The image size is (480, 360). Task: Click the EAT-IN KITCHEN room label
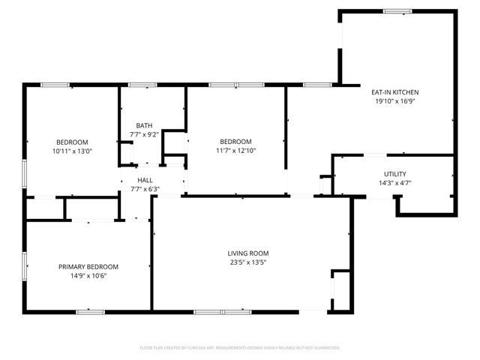pos(394,92)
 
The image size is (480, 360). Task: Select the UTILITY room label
pos(394,174)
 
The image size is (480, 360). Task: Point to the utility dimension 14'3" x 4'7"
pos(394,182)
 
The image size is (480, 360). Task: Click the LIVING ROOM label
pos(249,253)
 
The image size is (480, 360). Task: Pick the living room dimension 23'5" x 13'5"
pos(249,262)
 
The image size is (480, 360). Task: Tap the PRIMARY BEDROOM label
pos(88,266)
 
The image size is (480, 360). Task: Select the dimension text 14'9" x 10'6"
pos(88,275)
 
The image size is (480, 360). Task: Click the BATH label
pos(145,125)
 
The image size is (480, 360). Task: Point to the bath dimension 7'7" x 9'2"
pos(145,134)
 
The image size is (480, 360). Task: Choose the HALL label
pos(145,180)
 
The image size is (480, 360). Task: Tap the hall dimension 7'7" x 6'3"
pos(145,189)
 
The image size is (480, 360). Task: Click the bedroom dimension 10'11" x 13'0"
pos(73,151)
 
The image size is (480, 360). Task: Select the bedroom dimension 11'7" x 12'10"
pos(235,151)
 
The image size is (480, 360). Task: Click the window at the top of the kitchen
pos(397,10)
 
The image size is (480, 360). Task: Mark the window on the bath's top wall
pos(142,85)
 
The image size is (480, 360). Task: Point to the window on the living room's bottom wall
pos(223,310)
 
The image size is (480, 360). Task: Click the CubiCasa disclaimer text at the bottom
pos(240,348)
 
